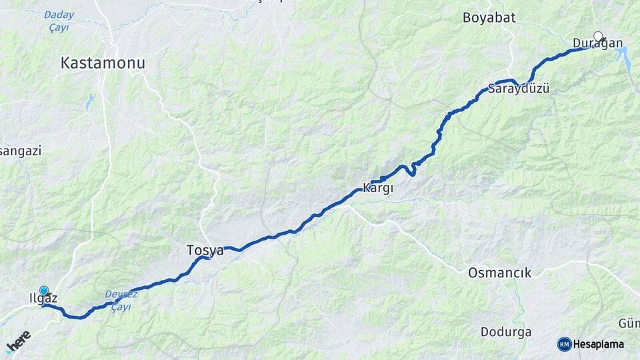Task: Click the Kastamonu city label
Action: [x=103, y=63]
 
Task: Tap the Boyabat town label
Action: [x=489, y=18]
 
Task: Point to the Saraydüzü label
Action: [x=519, y=88]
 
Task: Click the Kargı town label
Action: [x=377, y=188]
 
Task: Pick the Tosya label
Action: [x=205, y=251]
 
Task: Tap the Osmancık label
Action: [x=499, y=273]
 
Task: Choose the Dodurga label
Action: [x=506, y=331]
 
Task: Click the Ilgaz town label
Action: [x=44, y=299]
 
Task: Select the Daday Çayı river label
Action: [x=59, y=21]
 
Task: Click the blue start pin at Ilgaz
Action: [x=44, y=291]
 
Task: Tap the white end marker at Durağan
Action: [x=598, y=36]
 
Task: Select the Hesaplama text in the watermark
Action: [x=599, y=344]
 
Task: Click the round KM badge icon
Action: [x=564, y=344]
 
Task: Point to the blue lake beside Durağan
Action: [x=627, y=58]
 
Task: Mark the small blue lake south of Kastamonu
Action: [x=90, y=101]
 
